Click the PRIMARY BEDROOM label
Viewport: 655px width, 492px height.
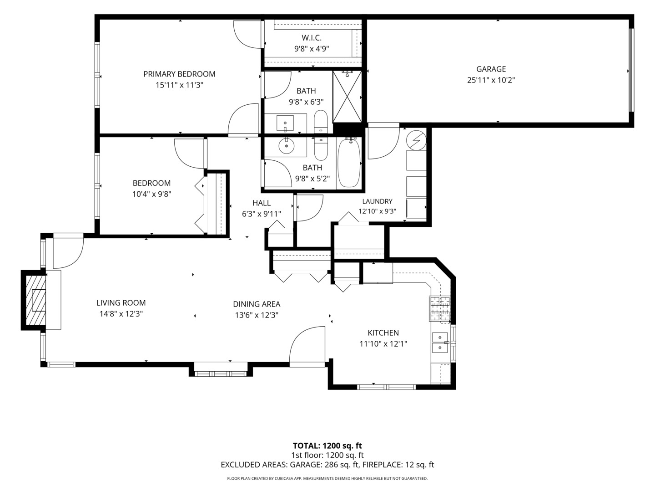179,74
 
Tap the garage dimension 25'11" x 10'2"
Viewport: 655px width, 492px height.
491,80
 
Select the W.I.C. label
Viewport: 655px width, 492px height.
312,38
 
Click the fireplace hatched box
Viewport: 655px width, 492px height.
35,300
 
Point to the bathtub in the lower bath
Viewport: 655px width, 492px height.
348,163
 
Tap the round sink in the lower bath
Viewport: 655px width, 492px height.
287,146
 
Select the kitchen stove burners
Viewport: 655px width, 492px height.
439,308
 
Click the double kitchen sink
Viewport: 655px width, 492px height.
440,342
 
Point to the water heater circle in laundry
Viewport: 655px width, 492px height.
417,140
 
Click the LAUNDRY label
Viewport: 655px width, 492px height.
377,201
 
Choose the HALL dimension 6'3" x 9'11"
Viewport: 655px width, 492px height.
262,214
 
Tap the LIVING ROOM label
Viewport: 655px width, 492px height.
121,303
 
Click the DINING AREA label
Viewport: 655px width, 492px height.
257,304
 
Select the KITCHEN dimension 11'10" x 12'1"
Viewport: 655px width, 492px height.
383,344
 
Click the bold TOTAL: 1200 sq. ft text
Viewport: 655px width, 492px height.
327,446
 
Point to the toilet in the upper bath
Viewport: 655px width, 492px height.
321,122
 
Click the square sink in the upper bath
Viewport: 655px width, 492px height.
285,123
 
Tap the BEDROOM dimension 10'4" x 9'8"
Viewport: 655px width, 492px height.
151,195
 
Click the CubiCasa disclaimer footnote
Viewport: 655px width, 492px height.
327,478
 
